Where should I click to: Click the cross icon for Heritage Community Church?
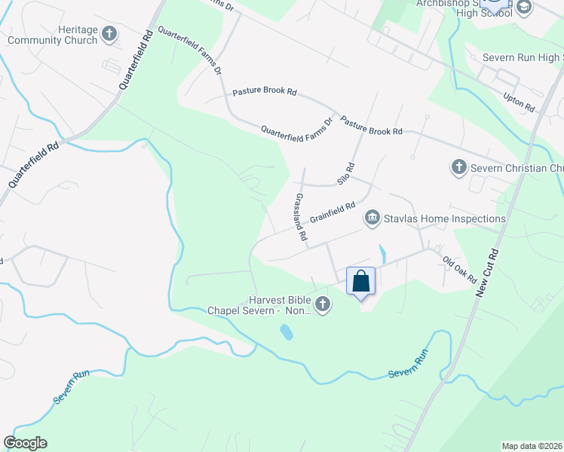coord(109,33)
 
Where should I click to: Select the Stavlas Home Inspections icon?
coord(372,218)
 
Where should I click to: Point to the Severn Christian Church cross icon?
coord(458,167)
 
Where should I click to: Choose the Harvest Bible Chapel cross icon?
coord(323,304)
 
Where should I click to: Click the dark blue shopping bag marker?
coord(361,282)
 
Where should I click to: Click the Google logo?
coord(25,442)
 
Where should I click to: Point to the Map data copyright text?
coord(532,445)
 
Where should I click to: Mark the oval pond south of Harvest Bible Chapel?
coord(287,331)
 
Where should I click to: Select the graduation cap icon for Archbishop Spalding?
coord(523,7)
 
